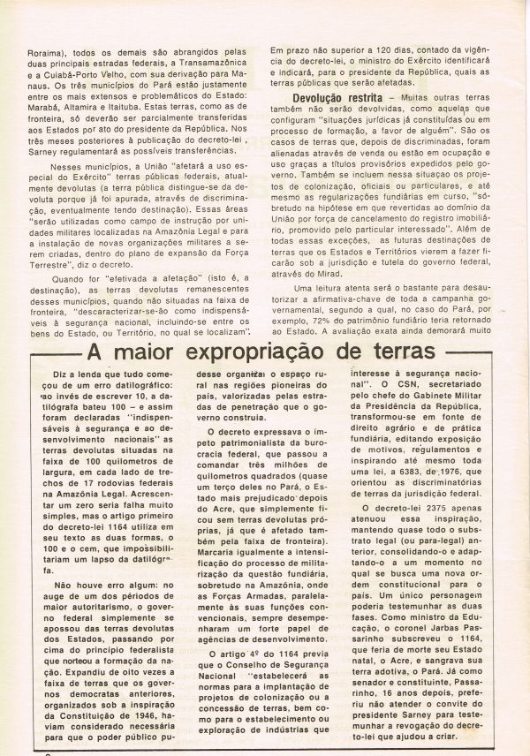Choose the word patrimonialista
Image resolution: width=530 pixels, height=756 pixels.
[248, 442]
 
